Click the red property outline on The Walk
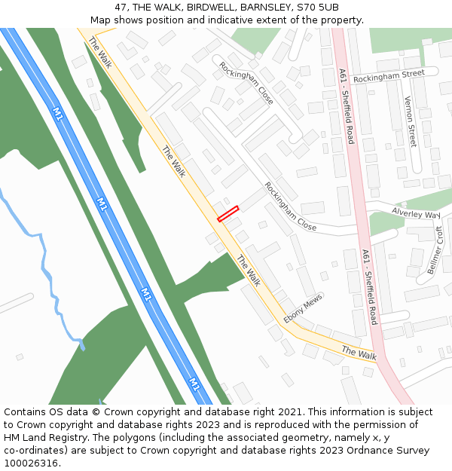click(228, 213)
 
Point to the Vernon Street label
click(411, 121)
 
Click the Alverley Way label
click(415, 214)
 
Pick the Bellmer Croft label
click(436, 250)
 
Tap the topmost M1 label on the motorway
click(58, 114)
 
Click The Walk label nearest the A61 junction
click(359, 353)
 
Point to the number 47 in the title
click(121, 7)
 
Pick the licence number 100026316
click(32, 463)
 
